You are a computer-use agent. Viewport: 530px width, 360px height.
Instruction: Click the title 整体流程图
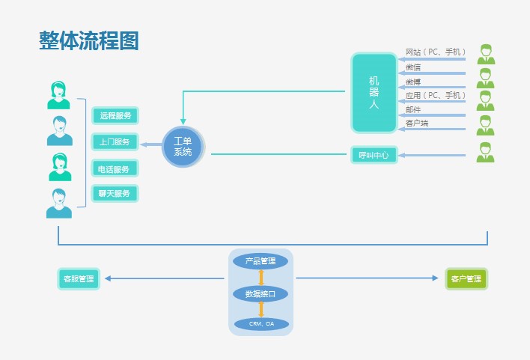pos(89,41)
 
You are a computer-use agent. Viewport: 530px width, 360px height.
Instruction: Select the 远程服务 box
pos(115,115)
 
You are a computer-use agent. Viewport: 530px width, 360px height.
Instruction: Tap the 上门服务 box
pos(115,141)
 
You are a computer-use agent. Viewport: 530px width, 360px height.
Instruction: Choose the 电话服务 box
pos(115,168)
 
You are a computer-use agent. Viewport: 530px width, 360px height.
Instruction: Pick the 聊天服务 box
pos(115,193)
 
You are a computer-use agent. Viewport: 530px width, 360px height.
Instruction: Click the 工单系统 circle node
pos(183,147)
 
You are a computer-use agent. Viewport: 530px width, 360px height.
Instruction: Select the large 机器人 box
pos(374,93)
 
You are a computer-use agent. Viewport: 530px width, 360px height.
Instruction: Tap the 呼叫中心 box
pos(374,155)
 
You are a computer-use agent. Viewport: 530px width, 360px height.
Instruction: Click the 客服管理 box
pos(79,278)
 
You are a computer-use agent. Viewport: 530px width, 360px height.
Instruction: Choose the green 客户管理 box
pos(466,279)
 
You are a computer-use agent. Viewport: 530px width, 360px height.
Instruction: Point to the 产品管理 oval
pos(261,261)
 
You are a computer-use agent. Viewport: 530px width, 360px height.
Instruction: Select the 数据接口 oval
pos(261,293)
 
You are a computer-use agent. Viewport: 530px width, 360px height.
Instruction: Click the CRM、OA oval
pos(261,324)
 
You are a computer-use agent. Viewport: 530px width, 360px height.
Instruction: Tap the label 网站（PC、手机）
pos(436,52)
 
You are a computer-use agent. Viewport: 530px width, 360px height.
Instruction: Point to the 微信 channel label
pos(413,67)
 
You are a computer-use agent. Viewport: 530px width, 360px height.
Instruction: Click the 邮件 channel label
pos(413,109)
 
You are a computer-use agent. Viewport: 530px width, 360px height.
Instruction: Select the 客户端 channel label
pos(417,123)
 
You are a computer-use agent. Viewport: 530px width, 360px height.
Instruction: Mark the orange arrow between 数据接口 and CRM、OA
pos(261,308)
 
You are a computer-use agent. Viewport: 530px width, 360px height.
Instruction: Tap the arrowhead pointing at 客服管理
pos(108,278)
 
